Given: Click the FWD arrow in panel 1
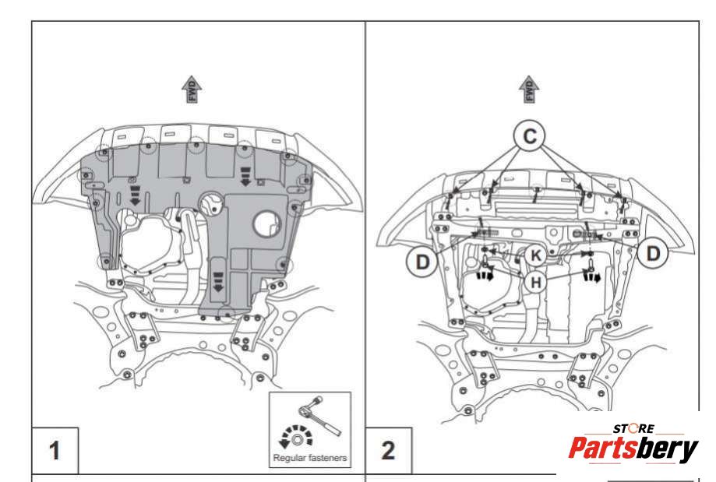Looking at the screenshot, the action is (x=192, y=90).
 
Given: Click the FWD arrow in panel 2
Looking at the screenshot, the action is (x=529, y=90).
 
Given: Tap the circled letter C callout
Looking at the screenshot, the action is (x=529, y=136).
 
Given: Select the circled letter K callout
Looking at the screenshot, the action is (x=535, y=255).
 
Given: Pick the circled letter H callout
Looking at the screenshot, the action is (x=535, y=283).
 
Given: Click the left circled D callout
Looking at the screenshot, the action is (x=422, y=262).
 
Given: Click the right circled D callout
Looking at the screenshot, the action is (x=654, y=253).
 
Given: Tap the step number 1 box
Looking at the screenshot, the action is (x=55, y=451).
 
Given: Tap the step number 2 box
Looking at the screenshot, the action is (x=389, y=451).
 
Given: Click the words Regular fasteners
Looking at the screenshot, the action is (x=310, y=457).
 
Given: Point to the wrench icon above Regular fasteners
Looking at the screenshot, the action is (x=319, y=415).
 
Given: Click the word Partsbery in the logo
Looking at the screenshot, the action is (x=633, y=449).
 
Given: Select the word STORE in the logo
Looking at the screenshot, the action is (x=633, y=428).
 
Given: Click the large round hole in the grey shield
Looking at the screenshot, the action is (x=267, y=224).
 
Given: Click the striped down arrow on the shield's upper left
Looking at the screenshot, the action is (x=135, y=195).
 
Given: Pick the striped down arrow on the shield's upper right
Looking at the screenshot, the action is (x=245, y=176).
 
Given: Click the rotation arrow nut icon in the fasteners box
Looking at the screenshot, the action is (x=295, y=437).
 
